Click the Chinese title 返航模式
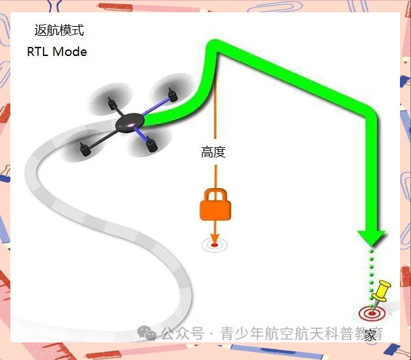pyautogui.click(x=59, y=31)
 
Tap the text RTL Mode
pyautogui.click(x=57, y=51)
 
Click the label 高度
pyautogui.click(x=213, y=153)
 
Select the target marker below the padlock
pyautogui.click(x=213, y=245)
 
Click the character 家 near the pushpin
pyautogui.click(x=370, y=336)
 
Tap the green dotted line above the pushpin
pyautogui.click(x=371, y=267)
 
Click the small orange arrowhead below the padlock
pyautogui.click(x=214, y=236)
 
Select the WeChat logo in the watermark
pyautogui.click(x=150, y=333)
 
